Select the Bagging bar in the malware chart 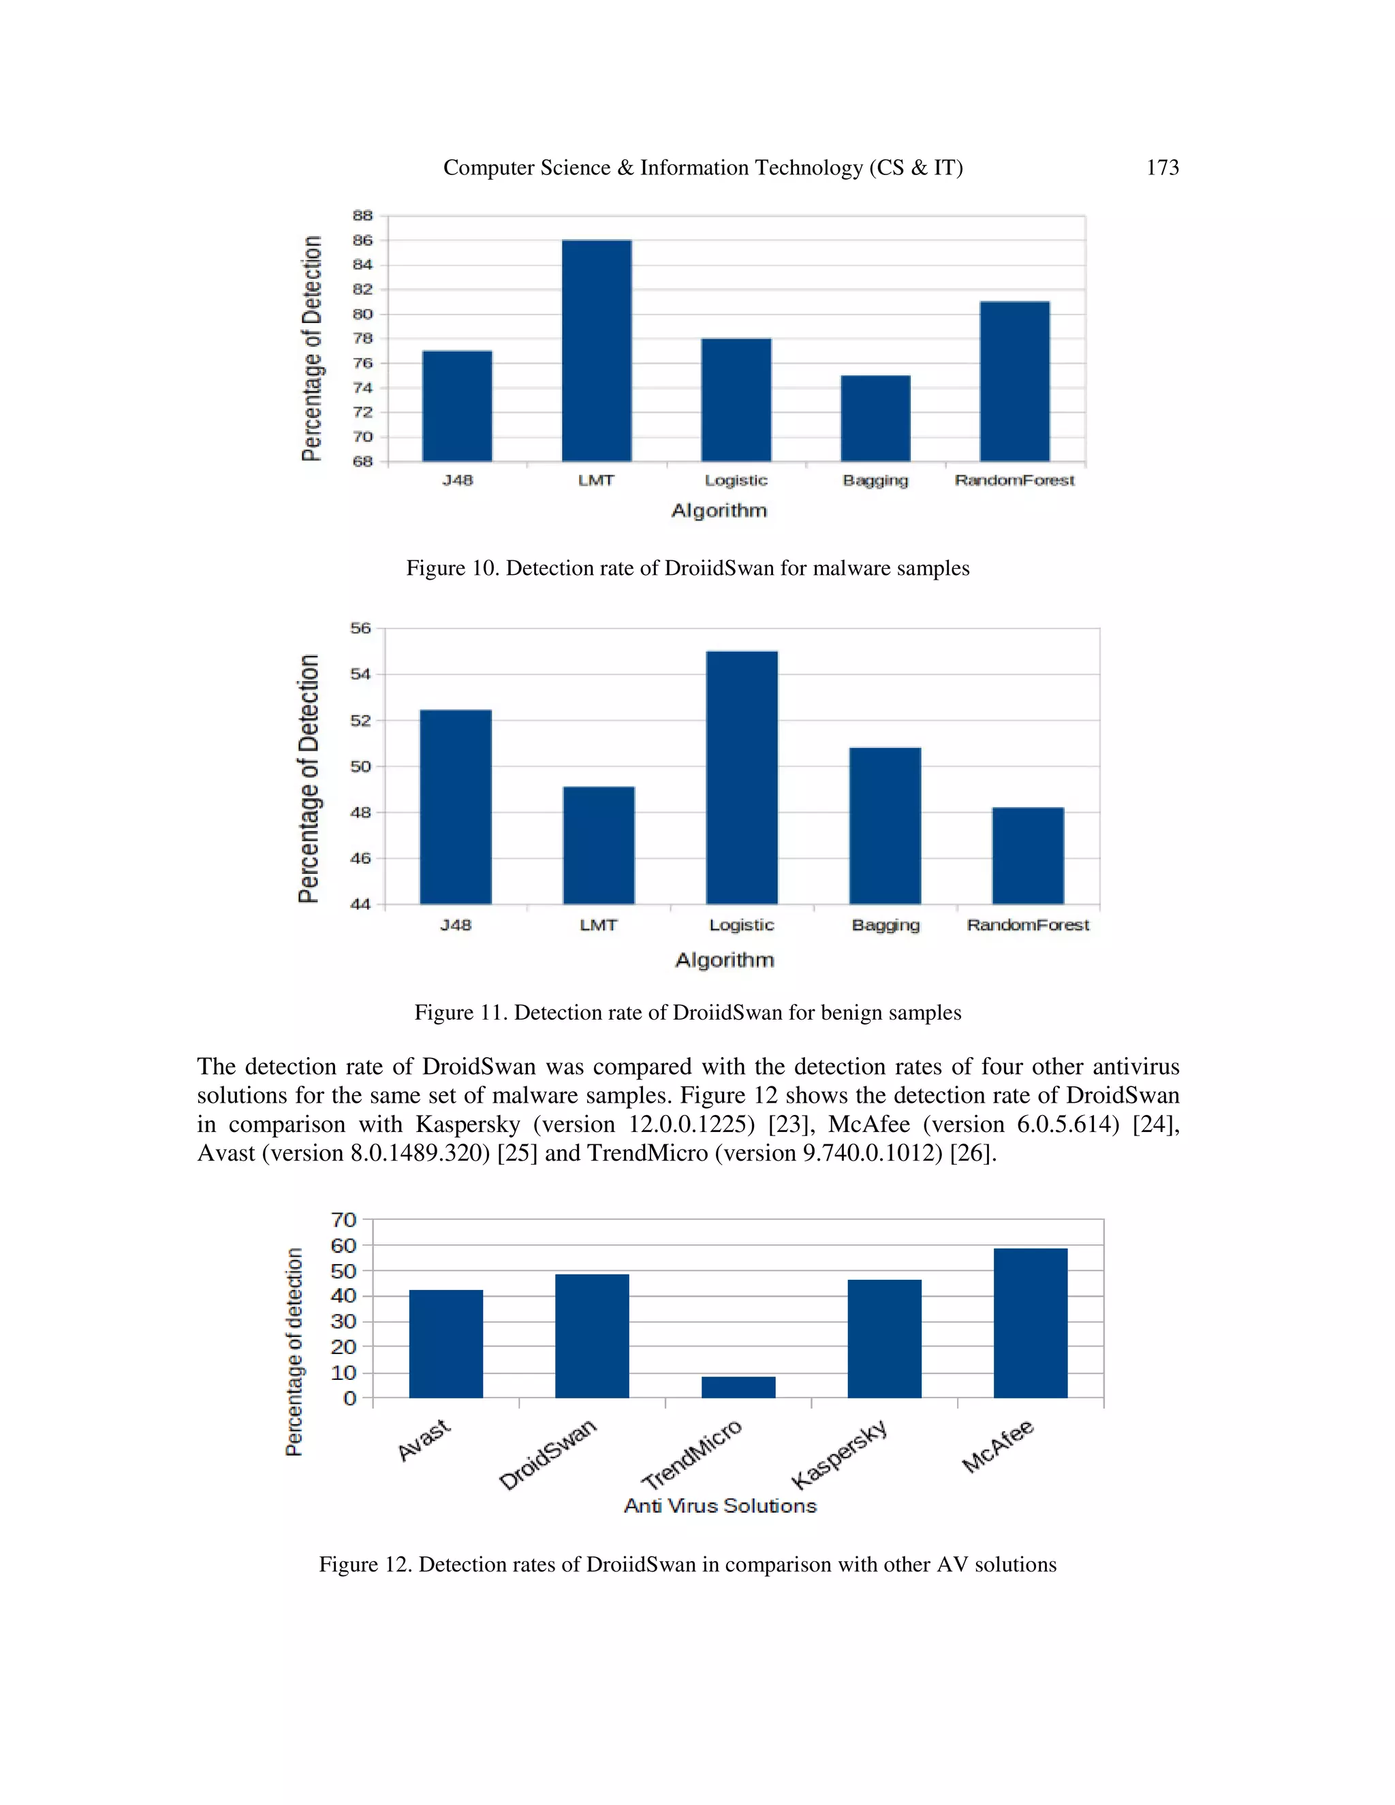point(875,418)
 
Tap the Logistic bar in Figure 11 point(741,777)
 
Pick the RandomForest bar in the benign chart point(1027,856)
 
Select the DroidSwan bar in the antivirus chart point(592,1336)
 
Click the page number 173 point(1162,168)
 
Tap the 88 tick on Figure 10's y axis point(363,216)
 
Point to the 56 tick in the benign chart point(361,628)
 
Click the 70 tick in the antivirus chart point(344,1220)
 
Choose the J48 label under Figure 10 point(457,480)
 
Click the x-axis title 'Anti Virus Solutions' point(720,1506)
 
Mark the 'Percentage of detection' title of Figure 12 point(294,1352)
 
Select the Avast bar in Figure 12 point(445,1344)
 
